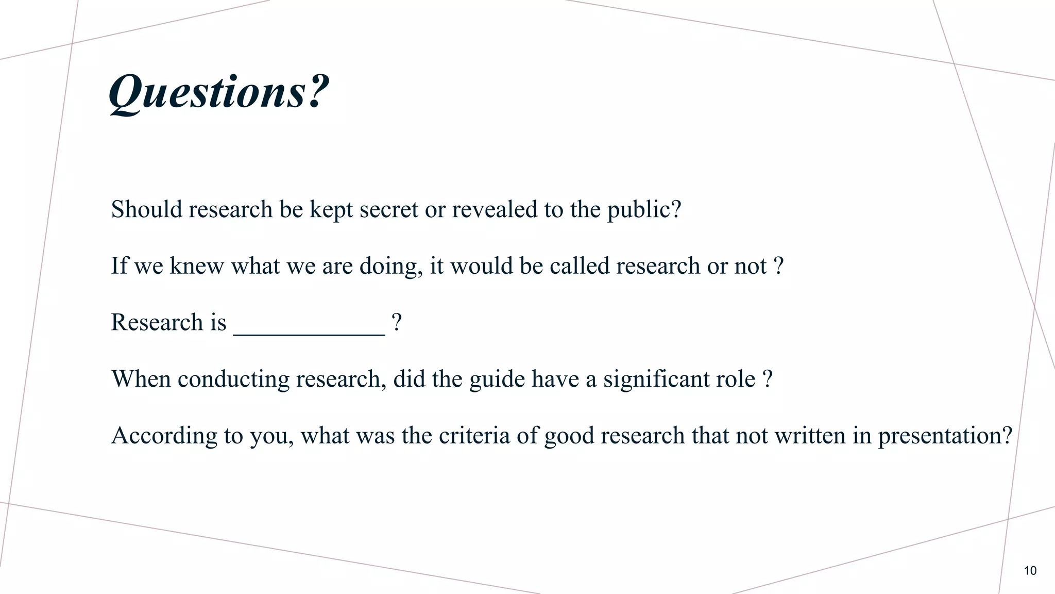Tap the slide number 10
point(1030,571)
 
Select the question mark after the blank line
point(396,323)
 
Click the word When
point(141,379)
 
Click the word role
point(736,379)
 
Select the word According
point(164,436)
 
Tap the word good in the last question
point(569,436)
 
